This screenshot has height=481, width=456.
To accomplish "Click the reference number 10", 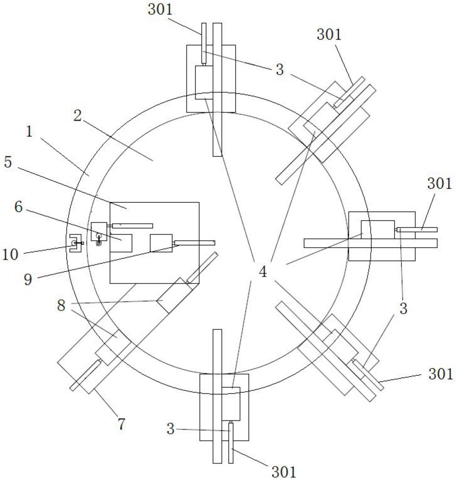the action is (10, 254).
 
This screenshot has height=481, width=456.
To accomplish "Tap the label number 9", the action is (28, 279).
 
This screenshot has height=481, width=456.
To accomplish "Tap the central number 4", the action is (263, 272).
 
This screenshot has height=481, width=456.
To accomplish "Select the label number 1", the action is (29, 132).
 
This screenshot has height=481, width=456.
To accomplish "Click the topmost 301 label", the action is (160, 10).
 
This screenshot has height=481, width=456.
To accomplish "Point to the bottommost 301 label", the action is (284, 472).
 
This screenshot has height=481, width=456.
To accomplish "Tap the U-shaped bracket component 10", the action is (74, 243).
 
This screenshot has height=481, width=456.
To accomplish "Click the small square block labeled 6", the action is (121, 243).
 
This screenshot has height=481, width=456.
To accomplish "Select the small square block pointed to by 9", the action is (161, 243).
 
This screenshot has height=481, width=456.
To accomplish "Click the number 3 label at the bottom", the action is (170, 429).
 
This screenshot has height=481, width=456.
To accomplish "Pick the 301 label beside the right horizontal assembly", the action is (439, 184).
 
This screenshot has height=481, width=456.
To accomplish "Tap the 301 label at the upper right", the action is (329, 34).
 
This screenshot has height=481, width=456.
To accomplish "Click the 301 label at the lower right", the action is (440, 374).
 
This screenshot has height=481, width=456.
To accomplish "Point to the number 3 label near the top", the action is (279, 70).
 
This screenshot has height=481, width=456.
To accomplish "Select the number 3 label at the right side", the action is (403, 308).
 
